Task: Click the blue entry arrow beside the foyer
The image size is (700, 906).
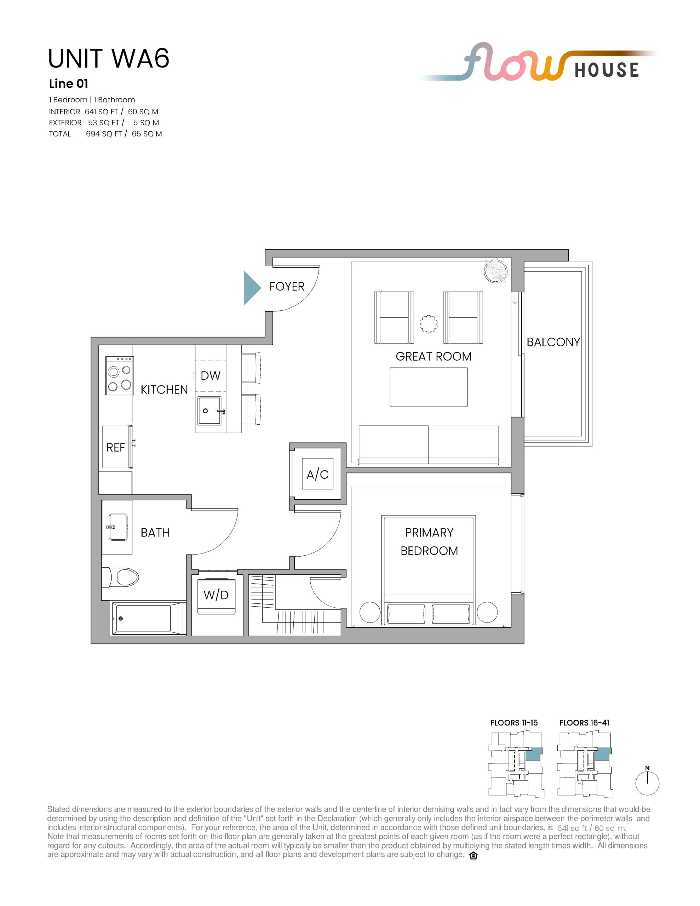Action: point(252,288)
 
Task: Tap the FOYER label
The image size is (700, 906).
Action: point(287,287)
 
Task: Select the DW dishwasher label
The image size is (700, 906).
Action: point(210,376)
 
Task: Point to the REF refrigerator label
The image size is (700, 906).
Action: point(115,448)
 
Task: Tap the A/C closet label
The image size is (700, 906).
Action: point(317,474)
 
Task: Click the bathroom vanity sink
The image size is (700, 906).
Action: point(118,527)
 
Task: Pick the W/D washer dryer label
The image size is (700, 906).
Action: point(216,595)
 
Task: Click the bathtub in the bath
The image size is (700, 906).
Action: point(147,618)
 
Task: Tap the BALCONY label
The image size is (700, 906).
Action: point(553,342)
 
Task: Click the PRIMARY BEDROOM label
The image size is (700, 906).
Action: point(429,542)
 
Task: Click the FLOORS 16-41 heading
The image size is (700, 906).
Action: point(584,723)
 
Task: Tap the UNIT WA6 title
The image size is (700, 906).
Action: point(109,58)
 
